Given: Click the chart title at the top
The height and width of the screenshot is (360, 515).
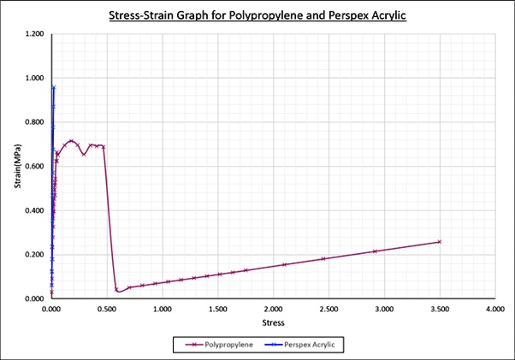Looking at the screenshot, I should coord(257,15).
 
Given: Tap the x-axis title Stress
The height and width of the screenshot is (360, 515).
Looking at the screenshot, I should coord(272,322).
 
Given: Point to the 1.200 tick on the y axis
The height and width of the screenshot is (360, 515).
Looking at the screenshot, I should coord(34,34).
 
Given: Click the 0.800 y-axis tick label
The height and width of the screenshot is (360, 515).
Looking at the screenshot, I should coord(34,122).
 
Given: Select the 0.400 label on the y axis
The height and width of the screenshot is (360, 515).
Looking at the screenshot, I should coord(34,210).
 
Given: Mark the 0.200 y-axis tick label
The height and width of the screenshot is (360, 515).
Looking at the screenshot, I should coord(34,255).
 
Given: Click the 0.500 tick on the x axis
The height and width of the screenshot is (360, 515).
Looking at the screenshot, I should coord(106,309).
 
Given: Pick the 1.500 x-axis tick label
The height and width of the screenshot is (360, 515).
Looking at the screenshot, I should coord(217,309).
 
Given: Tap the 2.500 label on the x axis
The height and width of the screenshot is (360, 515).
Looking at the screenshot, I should coord(328,309).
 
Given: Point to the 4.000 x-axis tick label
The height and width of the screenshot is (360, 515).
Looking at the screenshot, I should coord(494,309).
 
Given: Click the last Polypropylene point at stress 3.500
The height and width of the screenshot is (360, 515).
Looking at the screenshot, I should coord(440,241).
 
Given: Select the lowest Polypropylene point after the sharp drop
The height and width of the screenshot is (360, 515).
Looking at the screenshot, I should coord(117,290).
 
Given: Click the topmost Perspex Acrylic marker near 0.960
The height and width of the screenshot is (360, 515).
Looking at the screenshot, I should coord(54,87).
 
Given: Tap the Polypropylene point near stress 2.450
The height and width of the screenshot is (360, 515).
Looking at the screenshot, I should coord(323,258).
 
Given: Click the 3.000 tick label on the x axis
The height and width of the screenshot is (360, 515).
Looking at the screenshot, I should coord(383,309).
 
